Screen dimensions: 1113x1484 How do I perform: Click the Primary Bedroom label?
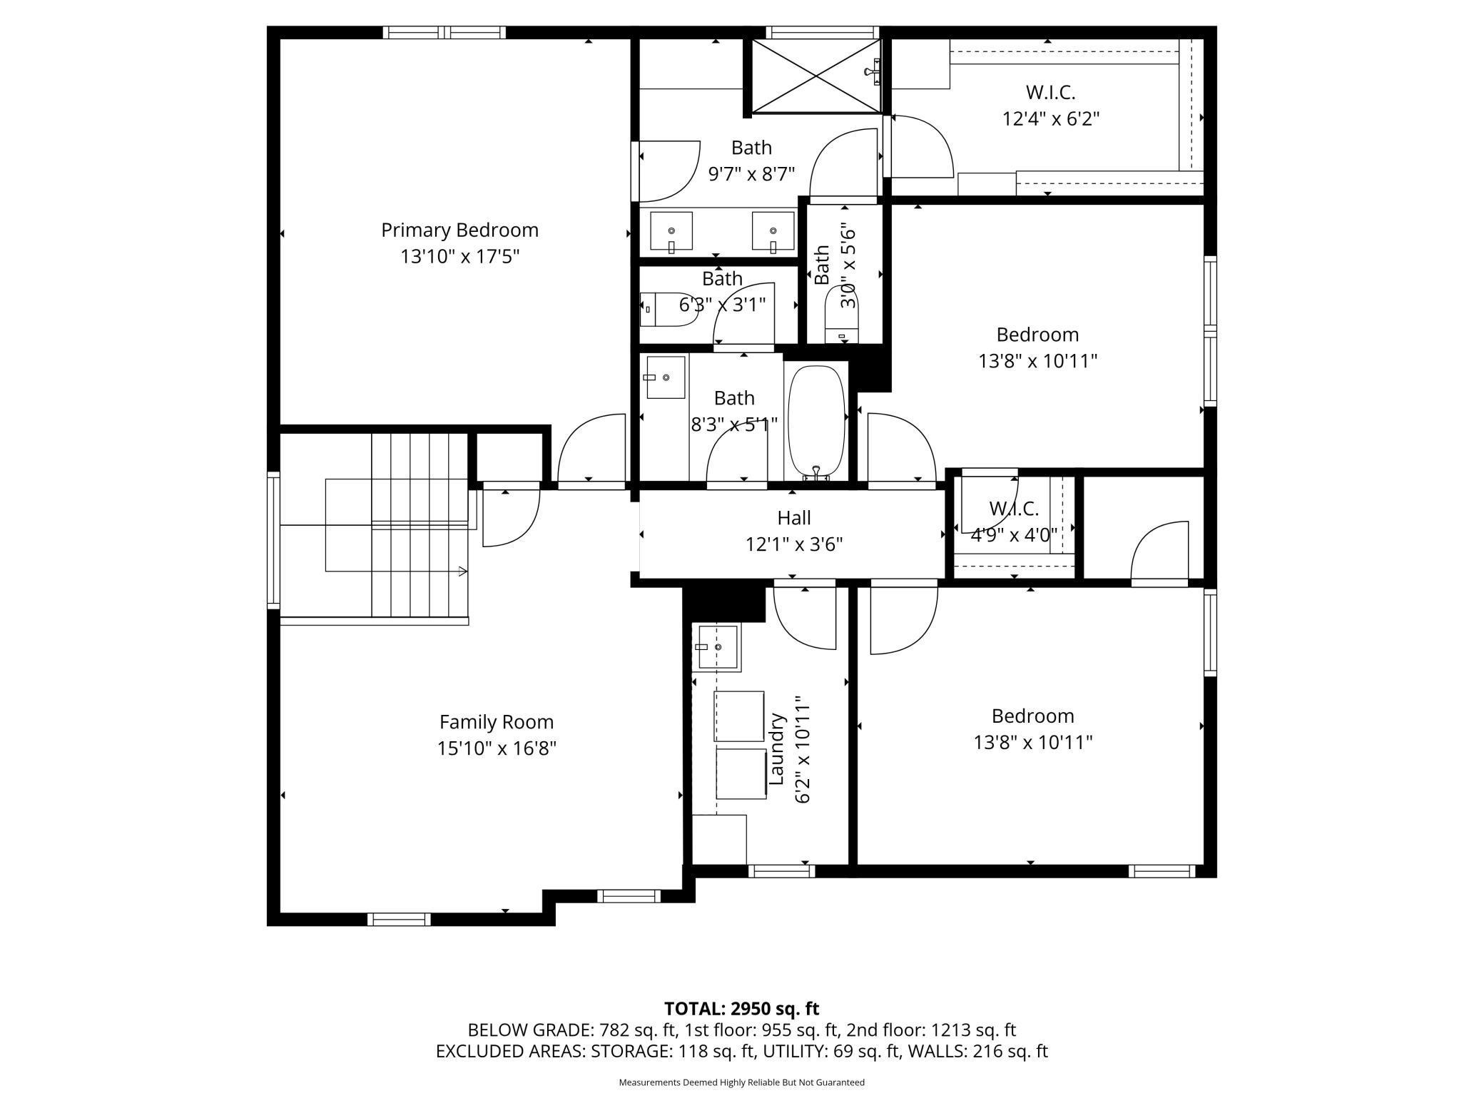click(459, 230)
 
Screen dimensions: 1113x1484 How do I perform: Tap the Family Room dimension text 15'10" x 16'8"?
click(497, 748)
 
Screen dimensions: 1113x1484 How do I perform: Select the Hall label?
click(794, 518)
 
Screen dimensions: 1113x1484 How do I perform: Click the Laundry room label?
click(777, 749)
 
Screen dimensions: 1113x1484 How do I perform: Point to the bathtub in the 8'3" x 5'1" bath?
click(816, 421)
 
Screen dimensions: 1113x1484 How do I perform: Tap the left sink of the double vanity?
click(671, 231)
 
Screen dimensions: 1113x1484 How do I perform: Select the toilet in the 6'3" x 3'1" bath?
click(667, 310)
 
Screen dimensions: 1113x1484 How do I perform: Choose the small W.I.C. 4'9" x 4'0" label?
click(1014, 509)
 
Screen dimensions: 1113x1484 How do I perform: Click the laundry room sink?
click(718, 647)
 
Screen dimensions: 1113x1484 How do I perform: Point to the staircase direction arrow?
click(462, 571)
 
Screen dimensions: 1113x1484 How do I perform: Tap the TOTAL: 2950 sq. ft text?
click(741, 1009)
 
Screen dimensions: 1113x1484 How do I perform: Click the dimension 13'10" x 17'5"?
click(459, 257)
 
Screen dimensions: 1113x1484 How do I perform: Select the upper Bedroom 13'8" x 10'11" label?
click(1037, 335)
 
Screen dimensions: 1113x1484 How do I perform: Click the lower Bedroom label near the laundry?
click(1032, 716)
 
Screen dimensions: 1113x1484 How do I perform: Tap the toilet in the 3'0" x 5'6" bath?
click(841, 321)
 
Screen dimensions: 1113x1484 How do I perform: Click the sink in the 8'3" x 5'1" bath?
click(665, 377)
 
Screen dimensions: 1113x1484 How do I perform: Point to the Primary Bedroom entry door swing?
click(591, 449)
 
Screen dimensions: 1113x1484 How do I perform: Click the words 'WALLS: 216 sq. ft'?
click(977, 1051)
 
